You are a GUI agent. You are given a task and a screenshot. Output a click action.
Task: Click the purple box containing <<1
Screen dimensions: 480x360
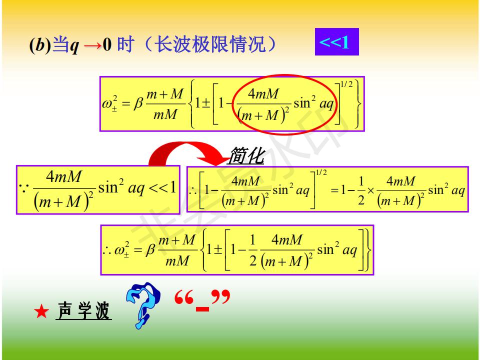tap(336, 42)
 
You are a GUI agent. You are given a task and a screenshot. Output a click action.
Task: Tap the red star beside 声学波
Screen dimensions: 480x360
tap(41, 311)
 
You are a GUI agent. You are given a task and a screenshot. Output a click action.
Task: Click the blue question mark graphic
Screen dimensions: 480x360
tap(142, 305)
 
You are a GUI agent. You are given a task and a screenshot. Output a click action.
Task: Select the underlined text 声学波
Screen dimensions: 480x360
tap(83, 310)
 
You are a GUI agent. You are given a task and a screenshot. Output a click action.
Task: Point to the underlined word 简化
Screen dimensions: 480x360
tap(245, 155)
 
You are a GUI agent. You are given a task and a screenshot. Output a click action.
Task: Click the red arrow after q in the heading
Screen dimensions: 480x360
tap(93, 46)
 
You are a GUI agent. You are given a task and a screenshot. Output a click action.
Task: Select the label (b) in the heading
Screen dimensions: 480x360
tap(40, 44)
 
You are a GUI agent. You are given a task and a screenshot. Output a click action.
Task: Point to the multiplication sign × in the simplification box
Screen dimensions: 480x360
tap(370, 190)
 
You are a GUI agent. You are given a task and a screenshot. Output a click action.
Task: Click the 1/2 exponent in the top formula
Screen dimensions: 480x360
tap(346, 84)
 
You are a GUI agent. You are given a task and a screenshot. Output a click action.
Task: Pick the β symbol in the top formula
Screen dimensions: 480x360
tap(138, 103)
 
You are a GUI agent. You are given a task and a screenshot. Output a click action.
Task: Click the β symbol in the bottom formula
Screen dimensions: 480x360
tap(150, 250)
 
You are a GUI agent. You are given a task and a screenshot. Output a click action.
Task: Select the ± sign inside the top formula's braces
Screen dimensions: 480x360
tap(206, 103)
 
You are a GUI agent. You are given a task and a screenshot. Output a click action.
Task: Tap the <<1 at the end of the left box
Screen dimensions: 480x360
tap(162, 187)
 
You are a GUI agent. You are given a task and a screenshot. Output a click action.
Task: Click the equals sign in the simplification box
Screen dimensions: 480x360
tap(334, 190)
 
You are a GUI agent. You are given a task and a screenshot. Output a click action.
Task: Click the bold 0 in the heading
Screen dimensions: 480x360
tap(107, 44)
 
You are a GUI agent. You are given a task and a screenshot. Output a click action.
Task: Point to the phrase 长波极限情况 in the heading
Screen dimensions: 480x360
tap(210, 44)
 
